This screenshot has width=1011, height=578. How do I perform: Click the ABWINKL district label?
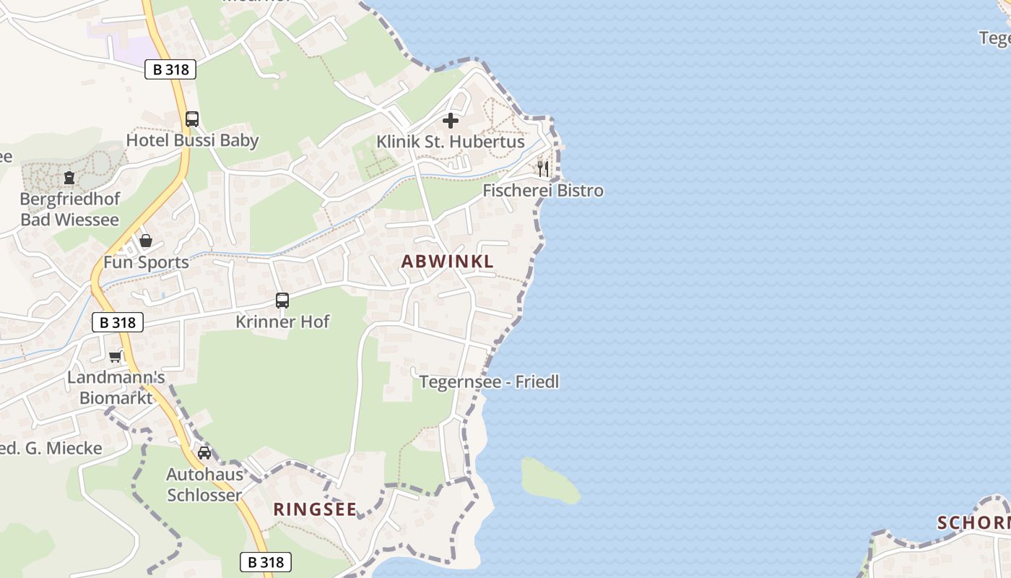pos(448,262)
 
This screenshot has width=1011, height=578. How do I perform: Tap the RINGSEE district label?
pos(315,509)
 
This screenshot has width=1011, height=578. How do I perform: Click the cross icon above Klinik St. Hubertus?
pos(451,120)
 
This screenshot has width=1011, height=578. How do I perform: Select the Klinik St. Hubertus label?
pos(451,142)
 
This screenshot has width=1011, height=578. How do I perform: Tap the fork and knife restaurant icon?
pos(542,169)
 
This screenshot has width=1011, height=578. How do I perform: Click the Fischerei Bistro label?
pos(543,191)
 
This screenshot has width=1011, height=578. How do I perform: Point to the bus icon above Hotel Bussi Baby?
pos(192,118)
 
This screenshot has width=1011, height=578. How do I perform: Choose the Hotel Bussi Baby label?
pos(192,140)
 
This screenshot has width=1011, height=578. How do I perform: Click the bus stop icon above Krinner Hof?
pos(282,300)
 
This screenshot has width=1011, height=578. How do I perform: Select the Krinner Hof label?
pos(282,322)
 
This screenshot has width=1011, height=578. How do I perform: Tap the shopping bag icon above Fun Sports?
pos(146,241)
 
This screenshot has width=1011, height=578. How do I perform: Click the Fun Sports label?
pos(146,262)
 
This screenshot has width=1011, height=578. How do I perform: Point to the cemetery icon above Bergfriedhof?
pos(69,177)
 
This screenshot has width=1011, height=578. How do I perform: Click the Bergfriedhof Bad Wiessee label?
pos(69,209)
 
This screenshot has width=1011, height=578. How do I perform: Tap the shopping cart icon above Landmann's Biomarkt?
pos(116,356)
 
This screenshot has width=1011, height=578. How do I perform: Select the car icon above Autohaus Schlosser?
pos(204,453)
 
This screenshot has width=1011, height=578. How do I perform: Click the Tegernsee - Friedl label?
pos(490,381)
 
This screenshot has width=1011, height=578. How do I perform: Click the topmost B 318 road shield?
pos(170,69)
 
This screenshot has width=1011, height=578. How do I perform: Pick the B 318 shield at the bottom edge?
pos(265,562)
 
